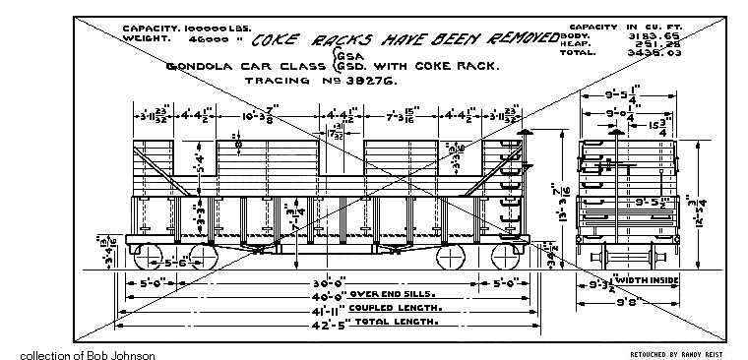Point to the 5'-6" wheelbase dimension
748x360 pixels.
[x=177, y=264]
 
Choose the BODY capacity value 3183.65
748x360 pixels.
[x=645, y=30]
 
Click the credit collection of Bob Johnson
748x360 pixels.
[x=87, y=353]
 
